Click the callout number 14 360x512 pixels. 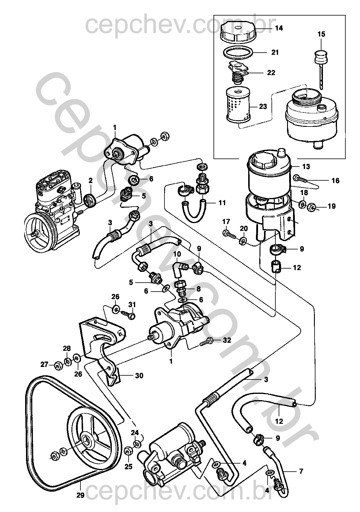coord(279,28)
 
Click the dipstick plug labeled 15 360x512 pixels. coord(321,57)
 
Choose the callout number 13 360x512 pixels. coord(306,166)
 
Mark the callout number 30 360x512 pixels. coord(139,375)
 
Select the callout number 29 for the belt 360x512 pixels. coord(80,495)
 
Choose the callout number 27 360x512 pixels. coord(45,365)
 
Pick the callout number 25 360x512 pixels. coord(128,466)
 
